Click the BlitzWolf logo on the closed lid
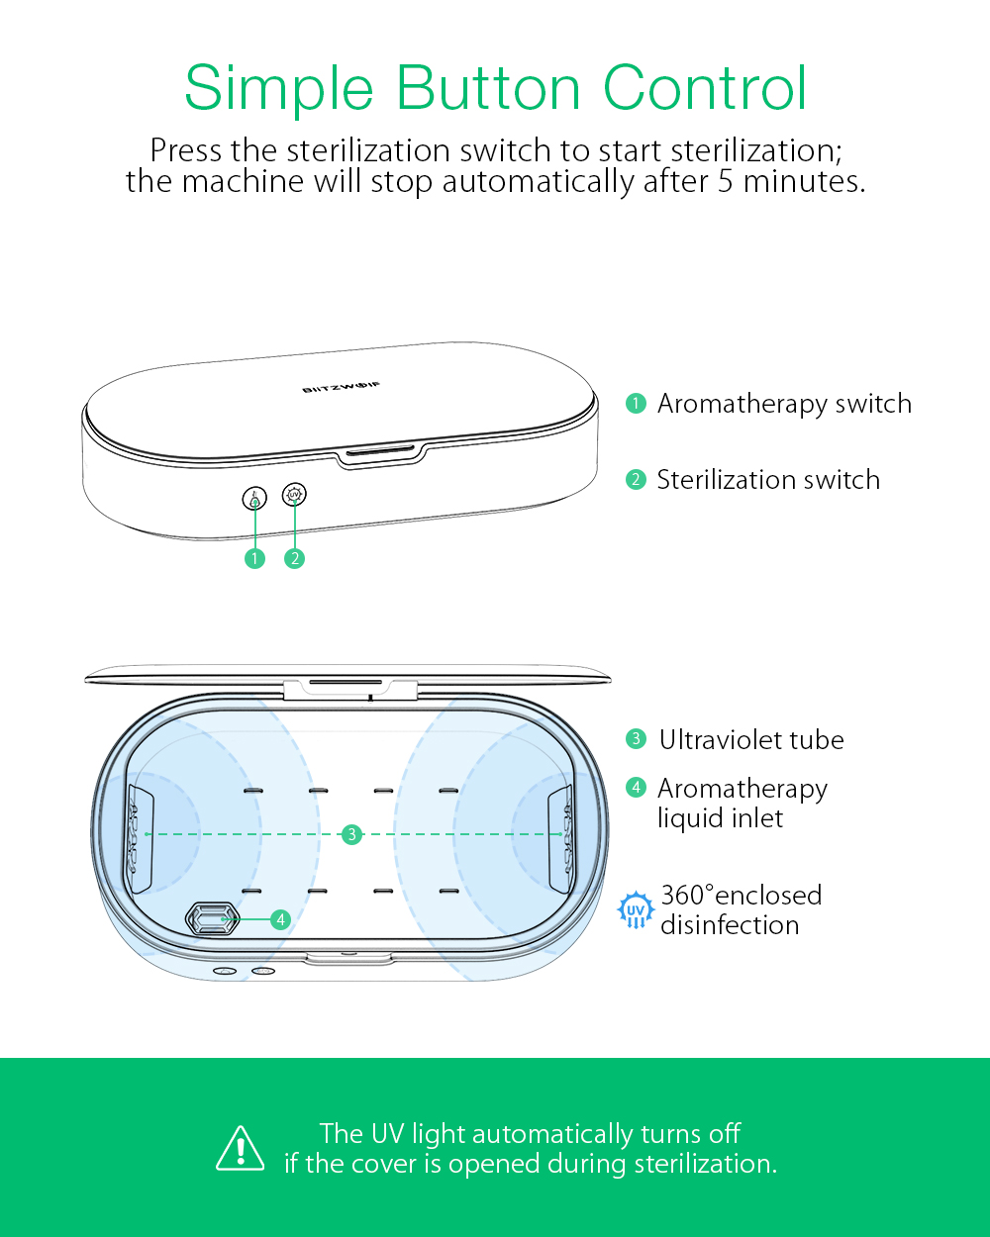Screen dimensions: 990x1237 point(342,387)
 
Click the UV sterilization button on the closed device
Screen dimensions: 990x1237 point(295,494)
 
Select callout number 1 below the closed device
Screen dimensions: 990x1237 point(254,558)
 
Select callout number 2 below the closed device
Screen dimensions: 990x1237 point(295,558)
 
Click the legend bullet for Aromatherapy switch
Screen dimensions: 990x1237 point(636,403)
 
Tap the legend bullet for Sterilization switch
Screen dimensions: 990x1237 point(636,479)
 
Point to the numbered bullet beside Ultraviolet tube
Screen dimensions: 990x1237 point(636,738)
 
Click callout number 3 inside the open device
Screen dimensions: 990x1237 point(352,834)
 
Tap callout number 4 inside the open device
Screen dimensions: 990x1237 point(281,919)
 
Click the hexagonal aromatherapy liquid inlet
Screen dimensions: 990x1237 point(212,918)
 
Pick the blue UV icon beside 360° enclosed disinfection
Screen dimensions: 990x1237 point(636,909)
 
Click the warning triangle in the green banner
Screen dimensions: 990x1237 point(241,1149)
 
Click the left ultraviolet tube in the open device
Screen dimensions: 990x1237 point(140,838)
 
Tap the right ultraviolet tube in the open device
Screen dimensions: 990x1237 point(561,838)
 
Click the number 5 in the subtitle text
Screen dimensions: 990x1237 point(726,182)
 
